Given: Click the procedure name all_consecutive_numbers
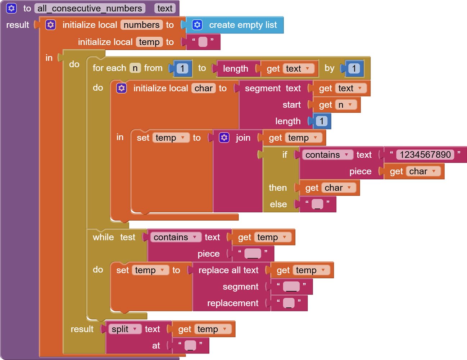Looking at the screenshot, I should [90, 8].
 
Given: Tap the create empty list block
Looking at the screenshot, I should [242, 25].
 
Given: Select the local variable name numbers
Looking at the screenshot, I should [141, 25].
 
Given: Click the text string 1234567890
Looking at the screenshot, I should [425, 155].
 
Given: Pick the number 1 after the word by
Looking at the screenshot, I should [354, 68].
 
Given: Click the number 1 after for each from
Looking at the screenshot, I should [182, 68].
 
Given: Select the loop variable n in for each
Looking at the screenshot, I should [135, 68].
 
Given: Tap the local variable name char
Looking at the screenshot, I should [204, 88].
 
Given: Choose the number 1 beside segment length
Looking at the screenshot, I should [321, 121].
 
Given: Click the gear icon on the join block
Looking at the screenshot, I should [224, 138].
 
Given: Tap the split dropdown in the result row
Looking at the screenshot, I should [124, 329].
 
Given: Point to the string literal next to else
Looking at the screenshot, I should [317, 204].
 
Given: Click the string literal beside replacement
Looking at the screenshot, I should [289, 303].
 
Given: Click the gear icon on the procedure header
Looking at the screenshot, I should [12, 8].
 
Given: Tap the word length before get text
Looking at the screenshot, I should [235, 68].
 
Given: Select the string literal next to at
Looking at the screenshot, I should [190, 346].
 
